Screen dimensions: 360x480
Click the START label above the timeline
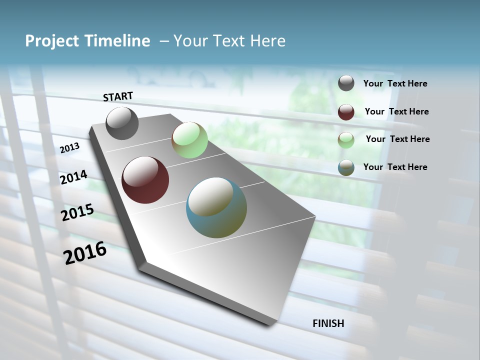(x=118, y=96)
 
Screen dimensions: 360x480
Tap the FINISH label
(x=328, y=323)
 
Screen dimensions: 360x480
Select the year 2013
(x=70, y=147)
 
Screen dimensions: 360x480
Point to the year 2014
(x=74, y=177)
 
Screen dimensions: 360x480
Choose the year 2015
(x=77, y=212)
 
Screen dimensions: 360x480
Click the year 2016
(x=85, y=252)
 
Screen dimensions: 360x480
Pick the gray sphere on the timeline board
(x=122, y=123)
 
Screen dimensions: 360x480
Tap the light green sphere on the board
(x=189, y=140)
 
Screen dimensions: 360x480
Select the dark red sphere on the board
(x=145, y=180)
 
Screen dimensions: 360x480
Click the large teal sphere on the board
(x=216, y=207)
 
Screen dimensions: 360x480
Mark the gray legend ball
(x=346, y=83)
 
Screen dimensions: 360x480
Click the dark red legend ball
(x=346, y=111)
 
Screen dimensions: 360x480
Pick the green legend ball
(x=346, y=139)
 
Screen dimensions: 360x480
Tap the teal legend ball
(x=346, y=167)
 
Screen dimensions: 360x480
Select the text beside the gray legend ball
(x=395, y=83)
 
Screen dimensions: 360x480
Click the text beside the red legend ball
(x=396, y=111)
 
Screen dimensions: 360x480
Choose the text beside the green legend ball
(x=397, y=139)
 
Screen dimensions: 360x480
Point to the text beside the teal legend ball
(x=395, y=167)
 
